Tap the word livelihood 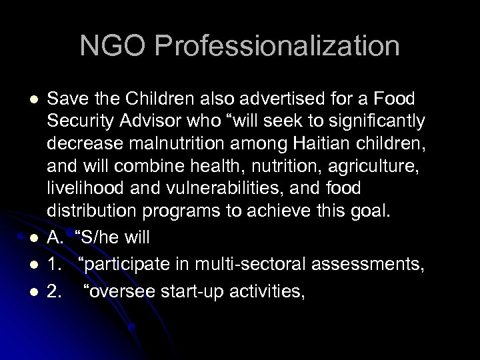(83, 181)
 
